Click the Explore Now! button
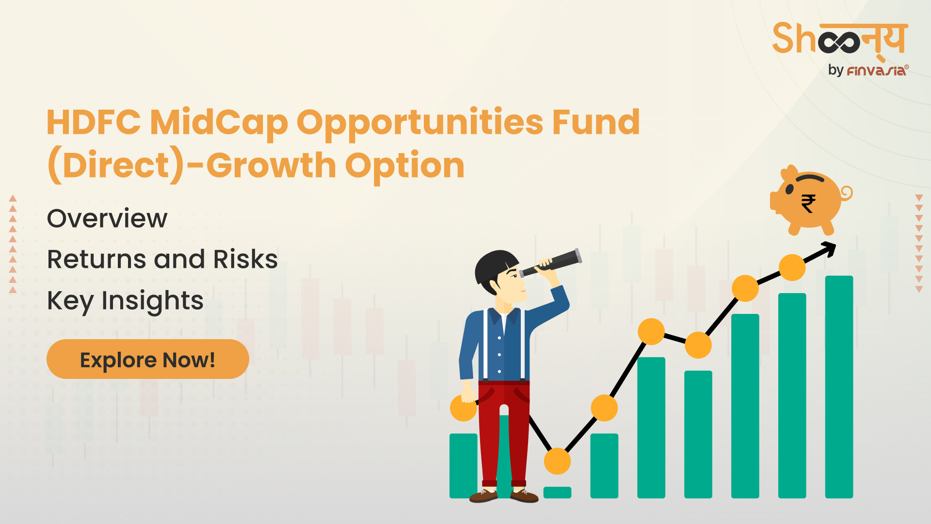coord(148,359)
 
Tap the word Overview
coord(107,218)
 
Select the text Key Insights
coord(125,301)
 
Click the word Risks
coord(245,259)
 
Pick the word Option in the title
coord(405,166)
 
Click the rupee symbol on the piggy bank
coord(808,203)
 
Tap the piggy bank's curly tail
coord(846,193)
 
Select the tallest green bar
coord(839,387)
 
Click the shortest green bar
coord(558,492)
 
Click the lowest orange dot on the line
coord(558,461)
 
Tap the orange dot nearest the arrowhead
coord(792,267)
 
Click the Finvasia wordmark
coord(877,71)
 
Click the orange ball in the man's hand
coord(463,408)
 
